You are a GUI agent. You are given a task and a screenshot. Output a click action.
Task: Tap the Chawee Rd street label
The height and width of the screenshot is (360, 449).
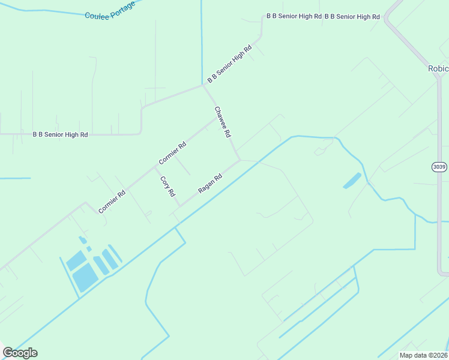pyautogui.click(x=223, y=122)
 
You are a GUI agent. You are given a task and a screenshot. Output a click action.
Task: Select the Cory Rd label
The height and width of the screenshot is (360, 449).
pyautogui.click(x=167, y=187)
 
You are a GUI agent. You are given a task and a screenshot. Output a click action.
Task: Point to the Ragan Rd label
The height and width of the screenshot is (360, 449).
pyautogui.click(x=210, y=184)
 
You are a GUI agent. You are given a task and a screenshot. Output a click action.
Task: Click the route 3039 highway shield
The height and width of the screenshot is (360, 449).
pyautogui.click(x=439, y=166)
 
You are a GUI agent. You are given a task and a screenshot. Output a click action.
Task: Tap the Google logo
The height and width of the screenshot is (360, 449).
pyautogui.click(x=20, y=352)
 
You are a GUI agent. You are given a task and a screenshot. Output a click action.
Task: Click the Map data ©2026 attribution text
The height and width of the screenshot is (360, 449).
pyautogui.click(x=423, y=355)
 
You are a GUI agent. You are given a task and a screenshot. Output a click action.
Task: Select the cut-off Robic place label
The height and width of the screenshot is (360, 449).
pyautogui.click(x=438, y=68)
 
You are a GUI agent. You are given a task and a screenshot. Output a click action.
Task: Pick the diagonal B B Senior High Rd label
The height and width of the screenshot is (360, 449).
pyautogui.click(x=229, y=63)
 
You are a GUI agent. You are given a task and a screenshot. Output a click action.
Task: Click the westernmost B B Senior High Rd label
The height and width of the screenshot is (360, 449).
pyautogui.click(x=60, y=134)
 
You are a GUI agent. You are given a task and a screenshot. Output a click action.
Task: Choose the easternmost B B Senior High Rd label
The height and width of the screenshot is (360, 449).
pyautogui.click(x=352, y=16)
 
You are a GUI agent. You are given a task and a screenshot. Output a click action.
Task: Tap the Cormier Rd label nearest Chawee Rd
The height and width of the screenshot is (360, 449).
pyautogui.click(x=173, y=153)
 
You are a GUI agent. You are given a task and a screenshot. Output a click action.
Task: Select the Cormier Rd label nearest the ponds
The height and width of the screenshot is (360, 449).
pyautogui.click(x=112, y=202)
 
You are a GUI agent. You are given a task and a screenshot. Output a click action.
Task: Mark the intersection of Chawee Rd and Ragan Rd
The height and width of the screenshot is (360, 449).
pyautogui.click(x=240, y=160)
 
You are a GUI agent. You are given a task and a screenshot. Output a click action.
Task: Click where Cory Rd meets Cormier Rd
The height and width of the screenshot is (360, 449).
pyautogui.click(x=155, y=167)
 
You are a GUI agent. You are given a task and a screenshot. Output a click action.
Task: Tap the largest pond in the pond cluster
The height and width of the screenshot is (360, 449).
pyautogui.click(x=85, y=277)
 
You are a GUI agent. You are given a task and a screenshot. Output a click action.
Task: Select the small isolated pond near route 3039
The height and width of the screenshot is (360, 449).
pyautogui.click(x=352, y=180)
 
